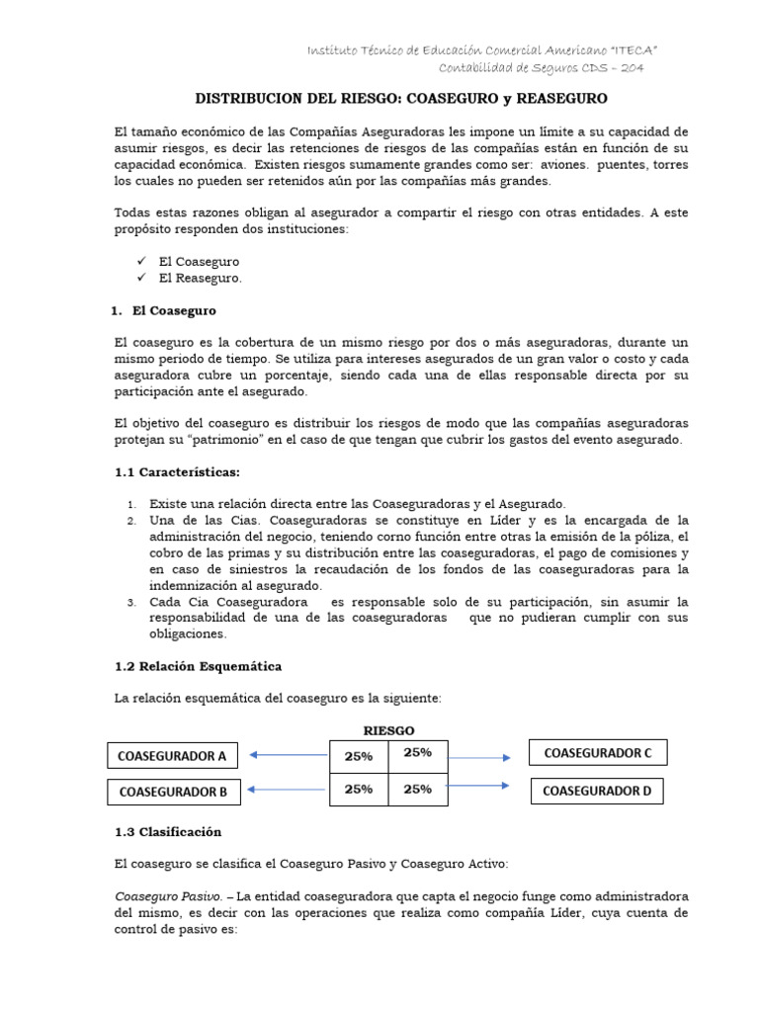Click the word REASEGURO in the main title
point(555,99)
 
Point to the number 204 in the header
point(632,67)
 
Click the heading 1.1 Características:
point(178,471)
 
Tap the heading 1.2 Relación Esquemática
point(199,666)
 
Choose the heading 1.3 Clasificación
point(168,831)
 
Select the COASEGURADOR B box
point(173,792)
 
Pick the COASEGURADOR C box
point(598,753)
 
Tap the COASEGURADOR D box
point(597,791)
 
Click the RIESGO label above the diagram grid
point(388,730)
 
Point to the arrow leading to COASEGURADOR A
point(288,755)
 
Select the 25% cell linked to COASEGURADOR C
point(418,753)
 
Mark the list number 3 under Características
point(132,602)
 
